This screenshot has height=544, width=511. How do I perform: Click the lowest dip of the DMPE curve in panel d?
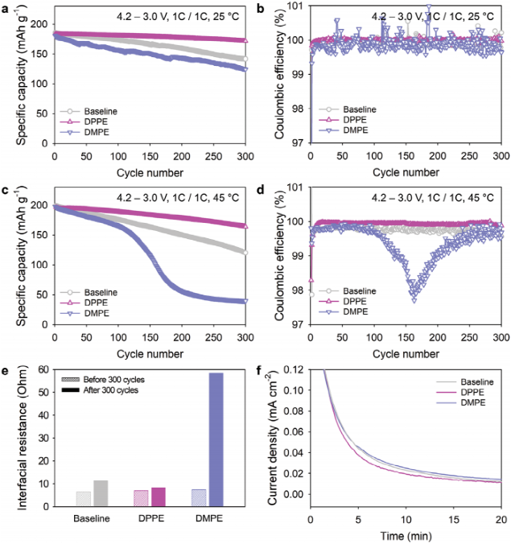(414, 299)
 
